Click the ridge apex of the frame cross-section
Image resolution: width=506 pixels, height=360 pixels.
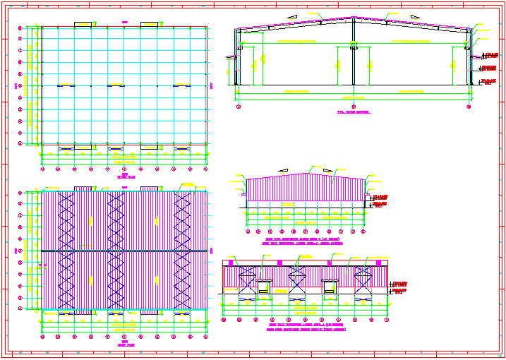click(x=353, y=20)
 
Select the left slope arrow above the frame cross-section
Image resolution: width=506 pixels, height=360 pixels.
click(x=291, y=15)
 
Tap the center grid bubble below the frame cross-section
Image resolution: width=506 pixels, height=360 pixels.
click(x=353, y=107)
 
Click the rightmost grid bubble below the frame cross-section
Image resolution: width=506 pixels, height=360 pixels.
click(x=469, y=107)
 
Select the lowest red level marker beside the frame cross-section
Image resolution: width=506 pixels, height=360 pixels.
click(x=488, y=82)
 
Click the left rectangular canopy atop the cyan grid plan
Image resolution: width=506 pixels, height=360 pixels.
click(x=84, y=25)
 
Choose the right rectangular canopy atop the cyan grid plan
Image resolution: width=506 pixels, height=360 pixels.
click(x=150, y=25)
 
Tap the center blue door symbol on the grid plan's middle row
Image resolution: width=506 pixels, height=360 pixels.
click(x=116, y=85)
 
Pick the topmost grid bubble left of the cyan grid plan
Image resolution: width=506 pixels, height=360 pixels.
click(x=20, y=28)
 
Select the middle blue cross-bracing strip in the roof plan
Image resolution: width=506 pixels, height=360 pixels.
click(x=116, y=251)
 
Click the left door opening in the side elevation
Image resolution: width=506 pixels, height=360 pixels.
click(x=265, y=287)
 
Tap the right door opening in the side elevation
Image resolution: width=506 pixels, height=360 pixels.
click(x=330, y=287)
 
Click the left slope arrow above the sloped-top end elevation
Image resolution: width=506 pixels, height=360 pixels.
click(x=284, y=170)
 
